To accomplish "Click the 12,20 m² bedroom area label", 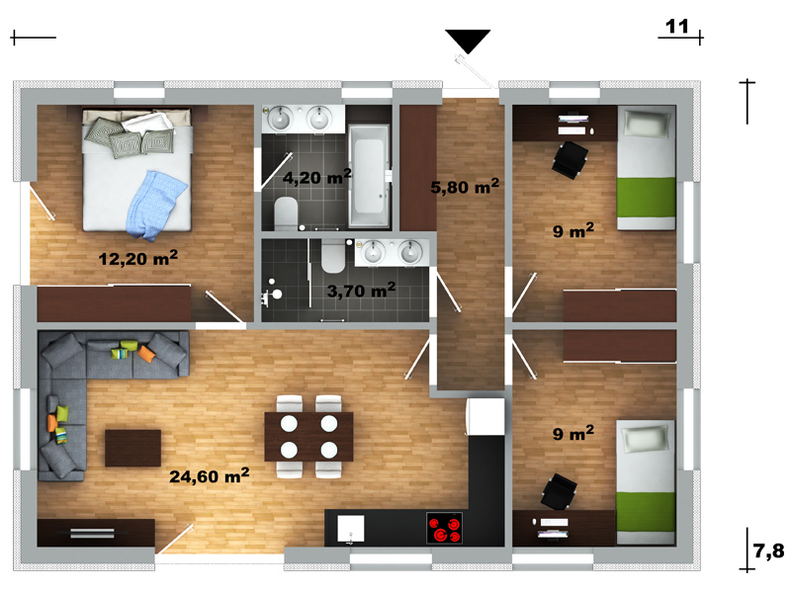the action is (x=138, y=258).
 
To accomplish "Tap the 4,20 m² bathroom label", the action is (x=316, y=177).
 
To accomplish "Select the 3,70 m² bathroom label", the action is (x=361, y=290).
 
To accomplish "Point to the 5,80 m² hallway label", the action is (x=465, y=186).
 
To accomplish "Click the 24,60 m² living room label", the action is (x=210, y=475).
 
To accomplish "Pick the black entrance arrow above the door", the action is (x=468, y=42).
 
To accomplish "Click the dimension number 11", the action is (x=677, y=27).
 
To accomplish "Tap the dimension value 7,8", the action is (x=769, y=551).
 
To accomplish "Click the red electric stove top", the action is (x=444, y=529).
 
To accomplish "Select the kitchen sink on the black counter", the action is (x=351, y=530).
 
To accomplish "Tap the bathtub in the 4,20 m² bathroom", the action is (x=369, y=176).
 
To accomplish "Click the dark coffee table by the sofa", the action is (x=132, y=448).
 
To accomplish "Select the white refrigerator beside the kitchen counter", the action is (x=485, y=416).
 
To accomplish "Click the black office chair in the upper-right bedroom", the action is (x=571, y=160).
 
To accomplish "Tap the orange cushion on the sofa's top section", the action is (x=146, y=353).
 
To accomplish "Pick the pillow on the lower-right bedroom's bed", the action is (x=648, y=439).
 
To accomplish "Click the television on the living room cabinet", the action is (x=92, y=533).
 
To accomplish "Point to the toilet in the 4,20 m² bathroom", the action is (x=286, y=213).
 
